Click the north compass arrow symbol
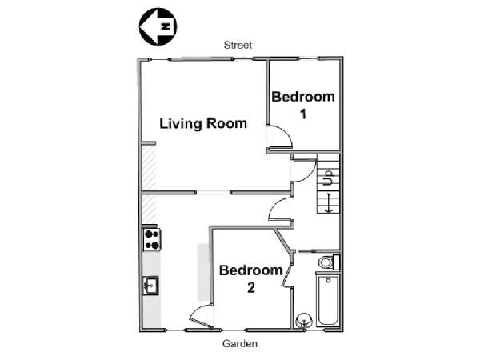(x=158, y=27)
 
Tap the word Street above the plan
(x=238, y=46)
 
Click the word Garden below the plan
(x=240, y=343)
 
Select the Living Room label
(x=203, y=124)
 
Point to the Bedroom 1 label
(x=303, y=105)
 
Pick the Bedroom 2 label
(x=250, y=278)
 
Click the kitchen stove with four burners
(x=152, y=240)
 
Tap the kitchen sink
(x=150, y=286)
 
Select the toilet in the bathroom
(x=329, y=262)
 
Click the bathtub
(x=328, y=300)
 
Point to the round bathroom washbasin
(x=304, y=321)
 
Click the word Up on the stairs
(x=328, y=178)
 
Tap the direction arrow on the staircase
(x=329, y=202)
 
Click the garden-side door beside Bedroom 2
(x=200, y=316)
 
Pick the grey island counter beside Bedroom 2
(x=203, y=272)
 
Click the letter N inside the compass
(x=166, y=27)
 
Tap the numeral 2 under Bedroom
(x=251, y=288)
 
